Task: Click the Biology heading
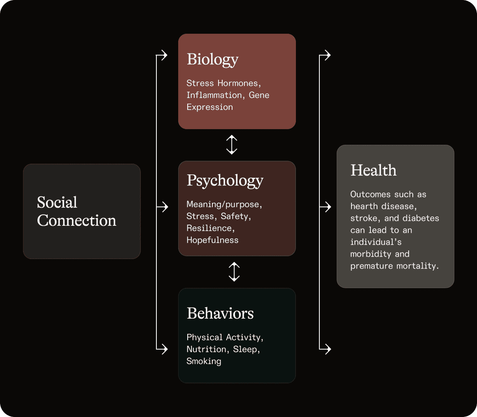click(212, 60)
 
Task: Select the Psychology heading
click(225, 181)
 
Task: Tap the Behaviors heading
click(220, 313)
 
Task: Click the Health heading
click(373, 170)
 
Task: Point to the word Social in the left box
click(57, 202)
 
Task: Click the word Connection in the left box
click(77, 221)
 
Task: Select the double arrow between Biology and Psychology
click(232, 145)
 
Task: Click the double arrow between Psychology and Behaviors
click(234, 272)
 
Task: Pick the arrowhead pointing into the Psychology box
click(165, 207)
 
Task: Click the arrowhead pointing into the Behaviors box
click(164, 350)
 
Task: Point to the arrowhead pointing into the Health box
click(328, 207)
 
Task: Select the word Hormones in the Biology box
click(237, 83)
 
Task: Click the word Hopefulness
click(212, 240)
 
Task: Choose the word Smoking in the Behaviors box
click(204, 361)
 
